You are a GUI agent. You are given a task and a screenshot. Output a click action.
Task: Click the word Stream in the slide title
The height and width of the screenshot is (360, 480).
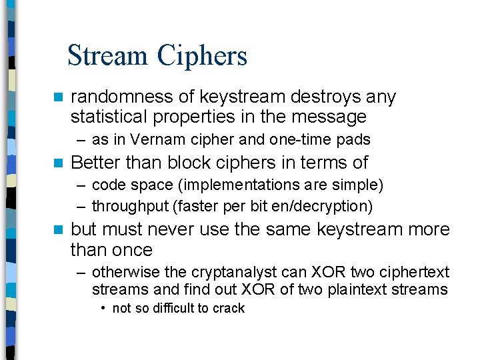click(x=109, y=55)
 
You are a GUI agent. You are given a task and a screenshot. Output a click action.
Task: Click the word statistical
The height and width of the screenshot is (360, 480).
click(x=110, y=117)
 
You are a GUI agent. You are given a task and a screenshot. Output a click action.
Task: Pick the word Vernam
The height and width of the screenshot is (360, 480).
click(x=153, y=140)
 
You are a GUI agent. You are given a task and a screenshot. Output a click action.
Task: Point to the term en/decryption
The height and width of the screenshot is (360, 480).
click(x=328, y=207)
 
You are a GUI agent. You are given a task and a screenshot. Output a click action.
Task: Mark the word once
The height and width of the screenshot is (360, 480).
click(x=134, y=251)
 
